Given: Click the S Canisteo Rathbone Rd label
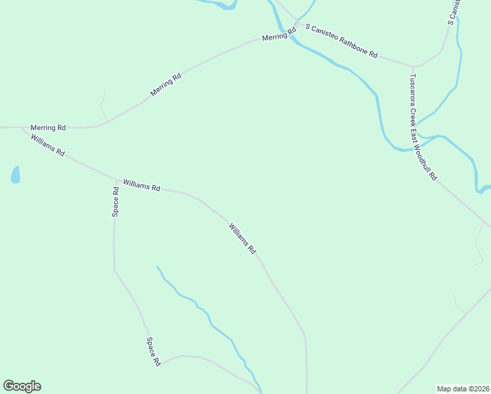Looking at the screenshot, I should (x=341, y=41).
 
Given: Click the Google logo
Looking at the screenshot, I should (x=22, y=386).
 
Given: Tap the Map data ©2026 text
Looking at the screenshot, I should (x=463, y=389).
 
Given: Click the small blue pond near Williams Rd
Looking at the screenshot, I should (x=15, y=175).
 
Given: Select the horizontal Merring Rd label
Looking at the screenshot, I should (x=48, y=127).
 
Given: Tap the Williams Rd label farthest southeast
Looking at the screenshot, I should (x=242, y=239).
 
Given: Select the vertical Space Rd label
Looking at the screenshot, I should (x=116, y=202).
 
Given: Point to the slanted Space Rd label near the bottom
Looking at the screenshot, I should (x=154, y=351).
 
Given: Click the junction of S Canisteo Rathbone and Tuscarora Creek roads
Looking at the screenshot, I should (x=413, y=66).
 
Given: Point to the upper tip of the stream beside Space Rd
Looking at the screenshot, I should (x=158, y=267).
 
